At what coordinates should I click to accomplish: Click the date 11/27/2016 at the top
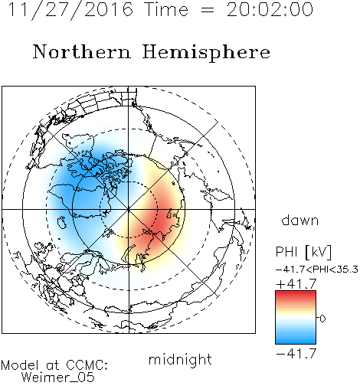pos(70,10)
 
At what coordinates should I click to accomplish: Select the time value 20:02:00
pos(270,9)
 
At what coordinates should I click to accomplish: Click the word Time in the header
pos(166,9)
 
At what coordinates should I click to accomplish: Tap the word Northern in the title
pos(82,51)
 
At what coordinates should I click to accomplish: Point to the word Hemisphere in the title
pos(206,53)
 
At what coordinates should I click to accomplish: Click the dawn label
pos(300,220)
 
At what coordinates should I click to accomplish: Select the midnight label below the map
pos(180,359)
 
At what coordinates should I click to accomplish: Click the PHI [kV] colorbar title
pos(303,252)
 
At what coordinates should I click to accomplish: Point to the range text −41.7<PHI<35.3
pos(317,270)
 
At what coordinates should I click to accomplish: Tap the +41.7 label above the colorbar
pos(296,284)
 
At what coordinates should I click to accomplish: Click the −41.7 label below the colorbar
pos(296,354)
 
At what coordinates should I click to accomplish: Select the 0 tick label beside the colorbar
pos(322,319)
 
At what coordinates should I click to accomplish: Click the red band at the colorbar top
pos(296,294)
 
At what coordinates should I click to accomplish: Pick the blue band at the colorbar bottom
pos(296,341)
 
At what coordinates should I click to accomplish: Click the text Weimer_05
pos(58,378)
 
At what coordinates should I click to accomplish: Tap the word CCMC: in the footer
pos(87,365)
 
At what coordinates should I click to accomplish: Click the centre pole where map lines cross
pos(129,210)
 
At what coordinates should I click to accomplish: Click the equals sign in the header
pos(208,10)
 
